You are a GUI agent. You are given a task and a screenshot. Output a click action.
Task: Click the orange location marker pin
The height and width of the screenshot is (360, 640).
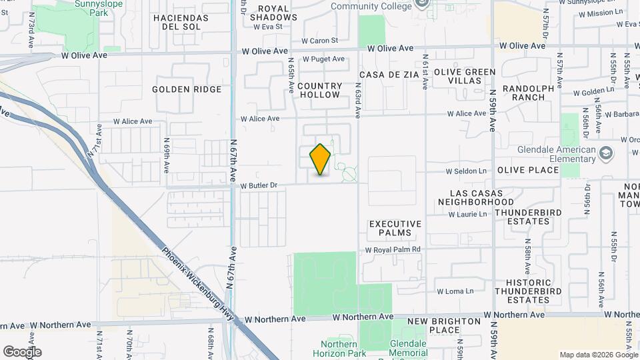click(x=321, y=159)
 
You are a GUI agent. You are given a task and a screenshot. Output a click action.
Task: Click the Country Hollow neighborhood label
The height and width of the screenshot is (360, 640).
click(x=320, y=90)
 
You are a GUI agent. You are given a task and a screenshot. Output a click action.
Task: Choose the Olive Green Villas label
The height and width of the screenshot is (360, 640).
click(x=465, y=76)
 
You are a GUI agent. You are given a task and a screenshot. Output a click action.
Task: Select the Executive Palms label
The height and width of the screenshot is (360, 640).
click(x=395, y=229)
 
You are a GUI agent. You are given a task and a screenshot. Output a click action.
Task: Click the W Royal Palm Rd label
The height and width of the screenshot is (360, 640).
click(x=393, y=249)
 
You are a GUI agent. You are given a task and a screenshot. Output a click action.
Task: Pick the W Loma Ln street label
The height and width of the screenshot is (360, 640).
click(x=455, y=291)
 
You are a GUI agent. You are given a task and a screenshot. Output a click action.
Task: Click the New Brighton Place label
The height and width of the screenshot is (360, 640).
click(x=444, y=325)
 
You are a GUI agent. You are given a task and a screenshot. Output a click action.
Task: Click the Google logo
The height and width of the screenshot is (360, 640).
click(x=22, y=351)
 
